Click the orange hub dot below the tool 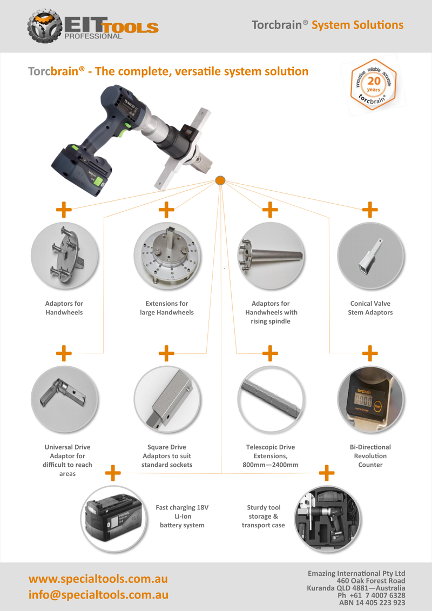(x=220, y=180)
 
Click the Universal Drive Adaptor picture (x=64, y=400)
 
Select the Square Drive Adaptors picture (x=167, y=400)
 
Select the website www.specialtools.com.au (x=98, y=579)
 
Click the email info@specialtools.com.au (x=98, y=595)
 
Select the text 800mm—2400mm (x=271, y=465)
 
